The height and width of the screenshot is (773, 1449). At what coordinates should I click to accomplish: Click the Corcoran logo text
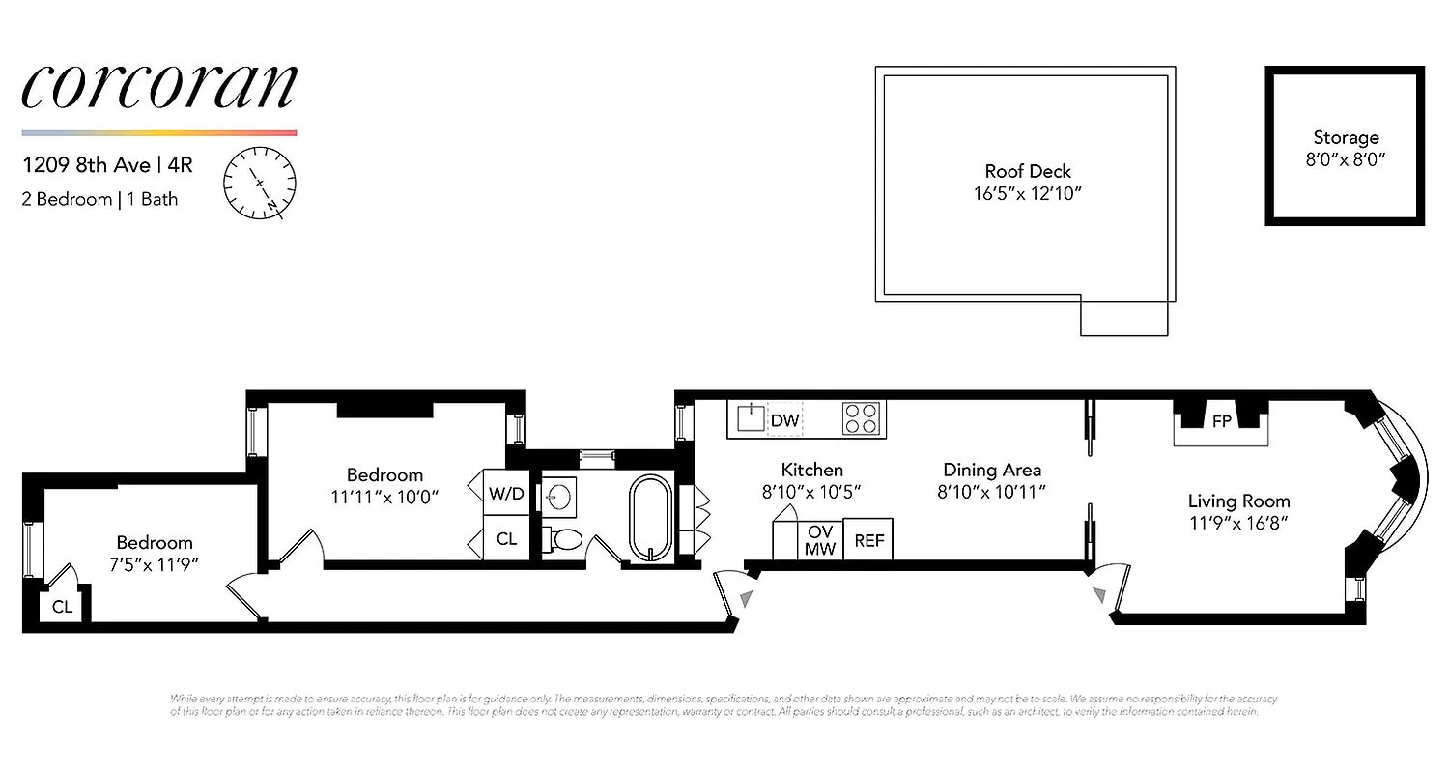pos(159,88)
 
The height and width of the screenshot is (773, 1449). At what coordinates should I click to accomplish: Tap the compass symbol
pos(260,183)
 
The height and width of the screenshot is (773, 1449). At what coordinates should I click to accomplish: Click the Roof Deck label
pos(1028,171)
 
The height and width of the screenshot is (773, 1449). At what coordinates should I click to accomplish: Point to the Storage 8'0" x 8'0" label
pos(1346,149)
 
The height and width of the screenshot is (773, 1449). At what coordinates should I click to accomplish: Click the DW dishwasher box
pos(784,420)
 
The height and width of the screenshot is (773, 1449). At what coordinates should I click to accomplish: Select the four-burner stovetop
pos(862,418)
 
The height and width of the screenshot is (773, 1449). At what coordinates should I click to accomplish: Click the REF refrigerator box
pos(868,540)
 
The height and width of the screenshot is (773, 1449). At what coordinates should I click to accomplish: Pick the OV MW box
pos(820,540)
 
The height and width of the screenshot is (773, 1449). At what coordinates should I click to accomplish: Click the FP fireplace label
pos(1221,421)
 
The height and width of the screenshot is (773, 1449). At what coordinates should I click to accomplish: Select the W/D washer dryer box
pos(506,493)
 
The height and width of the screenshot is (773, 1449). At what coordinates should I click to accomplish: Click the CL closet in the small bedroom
pos(62,607)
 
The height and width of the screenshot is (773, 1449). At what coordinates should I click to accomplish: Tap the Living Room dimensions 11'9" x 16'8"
pos(1238,523)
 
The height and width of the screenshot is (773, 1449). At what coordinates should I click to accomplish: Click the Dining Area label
pos(992,470)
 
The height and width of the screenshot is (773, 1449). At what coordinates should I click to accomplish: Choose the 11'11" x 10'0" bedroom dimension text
pos(384,498)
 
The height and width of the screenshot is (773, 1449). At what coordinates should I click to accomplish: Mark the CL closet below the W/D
pos(506,539)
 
